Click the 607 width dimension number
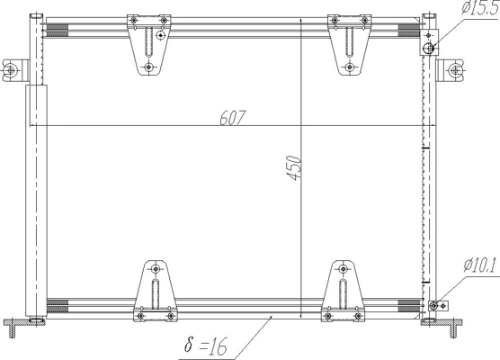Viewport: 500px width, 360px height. (x=233, y=118)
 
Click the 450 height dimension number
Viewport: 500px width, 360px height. (x=293, y=168)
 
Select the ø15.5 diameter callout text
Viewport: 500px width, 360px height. (x=480, y=8)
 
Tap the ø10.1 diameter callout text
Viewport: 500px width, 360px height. (x=480, y=265)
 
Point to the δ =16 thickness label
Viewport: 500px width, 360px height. (x=206, y=346)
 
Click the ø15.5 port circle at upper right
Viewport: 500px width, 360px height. (x=428, y=49)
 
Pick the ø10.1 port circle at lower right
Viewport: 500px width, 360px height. (x=433, y=306)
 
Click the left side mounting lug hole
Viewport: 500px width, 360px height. (x=11, y=70)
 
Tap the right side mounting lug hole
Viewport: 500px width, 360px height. (x=454, y=70)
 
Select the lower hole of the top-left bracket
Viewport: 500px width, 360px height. (x=148, y=67)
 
